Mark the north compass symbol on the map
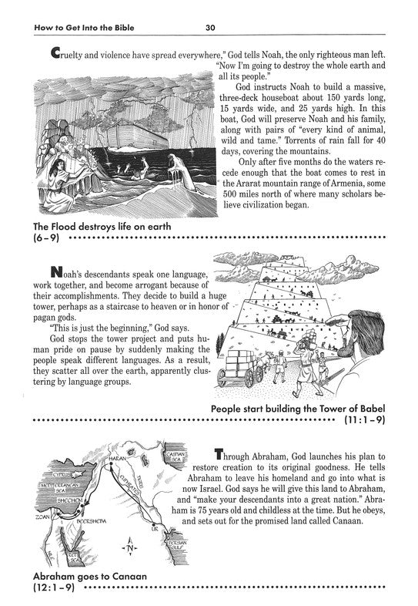[x=128, y=549]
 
